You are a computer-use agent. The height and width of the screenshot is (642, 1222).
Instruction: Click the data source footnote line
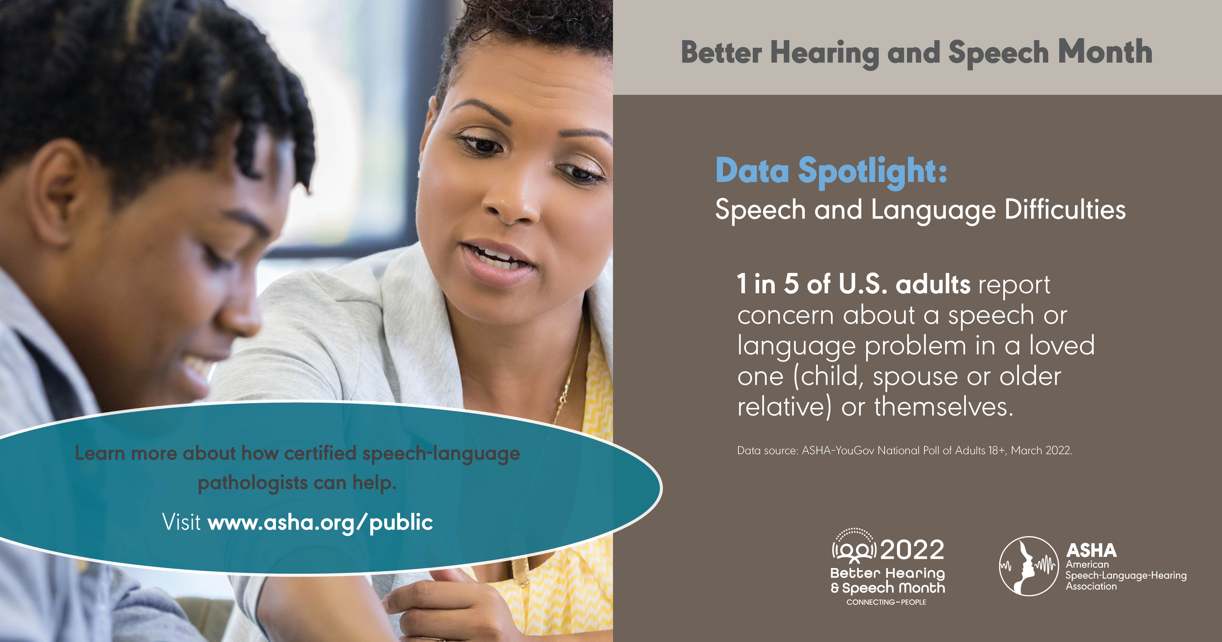click(x=904, y=450)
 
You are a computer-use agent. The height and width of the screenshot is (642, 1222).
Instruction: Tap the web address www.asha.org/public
click(x=320, y=522)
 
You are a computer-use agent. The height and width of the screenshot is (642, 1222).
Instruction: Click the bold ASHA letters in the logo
click(x=1091, y=550)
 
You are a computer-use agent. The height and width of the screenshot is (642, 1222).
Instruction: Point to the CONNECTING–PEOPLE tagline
click(x=886, y=602)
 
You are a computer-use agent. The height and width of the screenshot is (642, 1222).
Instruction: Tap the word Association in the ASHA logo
click(x=1091, y=586)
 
